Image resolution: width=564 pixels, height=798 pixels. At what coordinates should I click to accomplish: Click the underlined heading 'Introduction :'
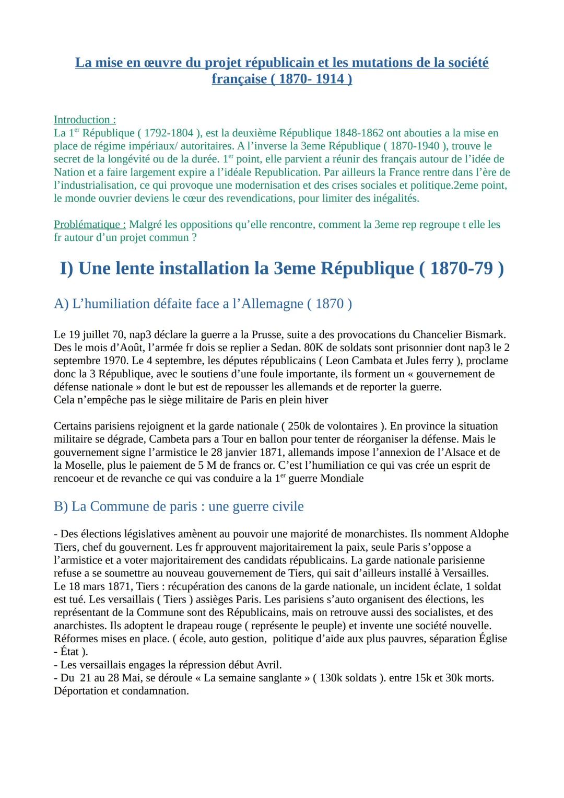(85, 120)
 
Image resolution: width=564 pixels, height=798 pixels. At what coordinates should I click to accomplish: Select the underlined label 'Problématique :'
(90, 224)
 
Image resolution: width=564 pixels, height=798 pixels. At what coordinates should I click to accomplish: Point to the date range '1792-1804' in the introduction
(169, 133)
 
